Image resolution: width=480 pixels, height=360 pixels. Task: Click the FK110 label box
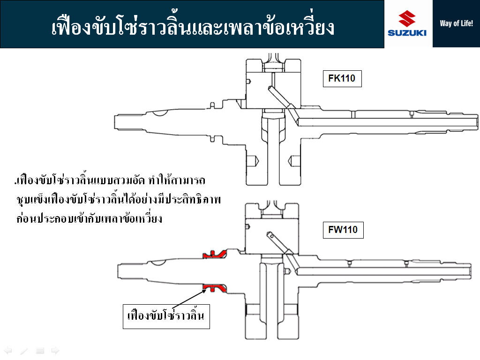click(342, 79)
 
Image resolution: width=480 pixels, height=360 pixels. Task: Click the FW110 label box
click(343, 230)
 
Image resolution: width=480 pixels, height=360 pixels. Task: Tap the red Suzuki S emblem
click(407, 18)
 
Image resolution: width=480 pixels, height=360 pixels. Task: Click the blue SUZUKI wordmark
click(407, 33)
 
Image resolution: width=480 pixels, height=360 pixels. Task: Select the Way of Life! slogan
click(456, 23)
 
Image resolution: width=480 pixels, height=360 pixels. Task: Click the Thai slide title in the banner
click(193, 26)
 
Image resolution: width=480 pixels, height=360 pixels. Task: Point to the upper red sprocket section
click(215, 255)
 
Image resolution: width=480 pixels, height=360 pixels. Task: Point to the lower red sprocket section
click(215, 288)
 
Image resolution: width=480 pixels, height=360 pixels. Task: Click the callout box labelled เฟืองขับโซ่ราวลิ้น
click(166, 316)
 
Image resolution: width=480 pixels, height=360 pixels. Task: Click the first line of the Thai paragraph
click(110, 180)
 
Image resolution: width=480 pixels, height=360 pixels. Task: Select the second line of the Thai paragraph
click(119, 199)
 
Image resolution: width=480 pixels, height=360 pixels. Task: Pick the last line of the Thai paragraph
click(89, 218)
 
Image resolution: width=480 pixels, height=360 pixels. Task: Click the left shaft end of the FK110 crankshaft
click(115, 122)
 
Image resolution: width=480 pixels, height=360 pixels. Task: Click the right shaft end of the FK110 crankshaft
click(476, 122)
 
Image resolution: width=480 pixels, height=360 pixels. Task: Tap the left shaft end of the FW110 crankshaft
click(119, 271)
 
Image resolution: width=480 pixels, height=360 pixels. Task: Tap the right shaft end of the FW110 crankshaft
click(470, 271)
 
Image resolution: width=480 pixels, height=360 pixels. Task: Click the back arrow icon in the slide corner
click(7, 351)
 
